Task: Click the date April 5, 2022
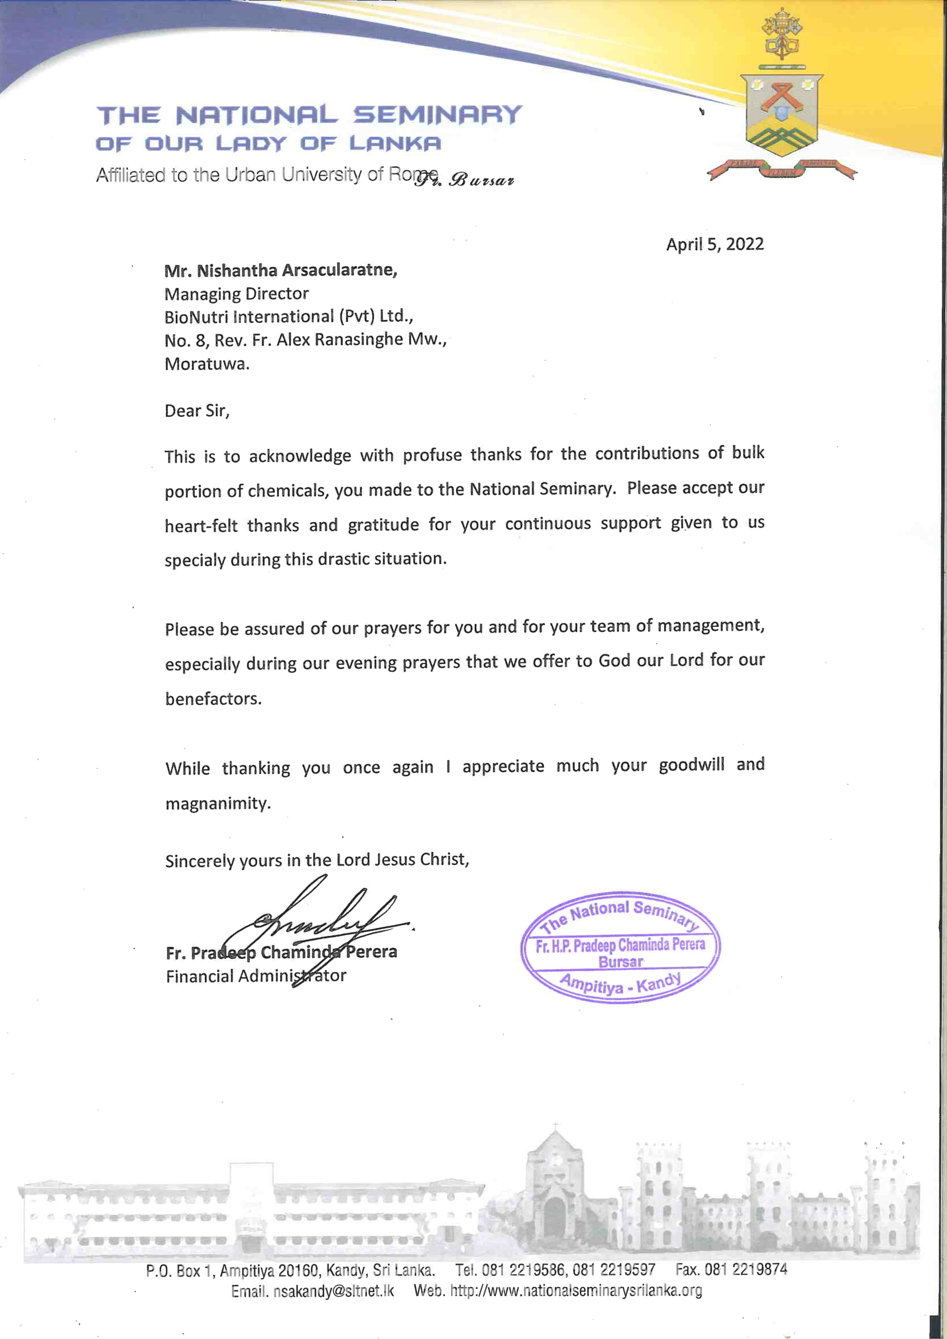715,244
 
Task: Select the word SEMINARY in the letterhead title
437,115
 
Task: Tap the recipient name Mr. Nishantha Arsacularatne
281,271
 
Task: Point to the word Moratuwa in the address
207,364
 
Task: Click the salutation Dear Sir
197,411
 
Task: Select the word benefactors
213,698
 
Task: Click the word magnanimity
218,803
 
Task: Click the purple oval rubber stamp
621,947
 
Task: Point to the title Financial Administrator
256,976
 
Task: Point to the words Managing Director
236,293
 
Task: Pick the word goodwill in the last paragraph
692,765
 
